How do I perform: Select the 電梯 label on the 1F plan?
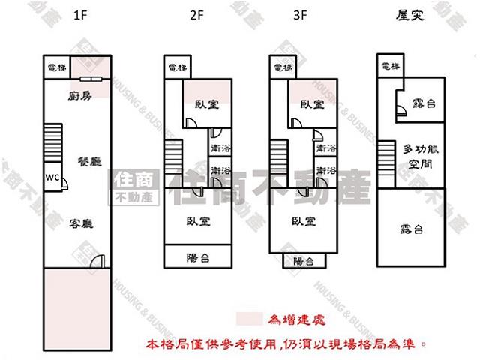tap(57, 67)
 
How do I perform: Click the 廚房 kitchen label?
tap(79, 95)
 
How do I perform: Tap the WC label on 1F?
tap(52, 178)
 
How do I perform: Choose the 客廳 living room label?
tap(81, 223)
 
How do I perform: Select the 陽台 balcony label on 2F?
tap(198, 257)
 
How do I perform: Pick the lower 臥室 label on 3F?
tap(303, 221)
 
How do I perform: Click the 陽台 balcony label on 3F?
tap(303, 261)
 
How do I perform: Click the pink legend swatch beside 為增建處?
tap(250, 319)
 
